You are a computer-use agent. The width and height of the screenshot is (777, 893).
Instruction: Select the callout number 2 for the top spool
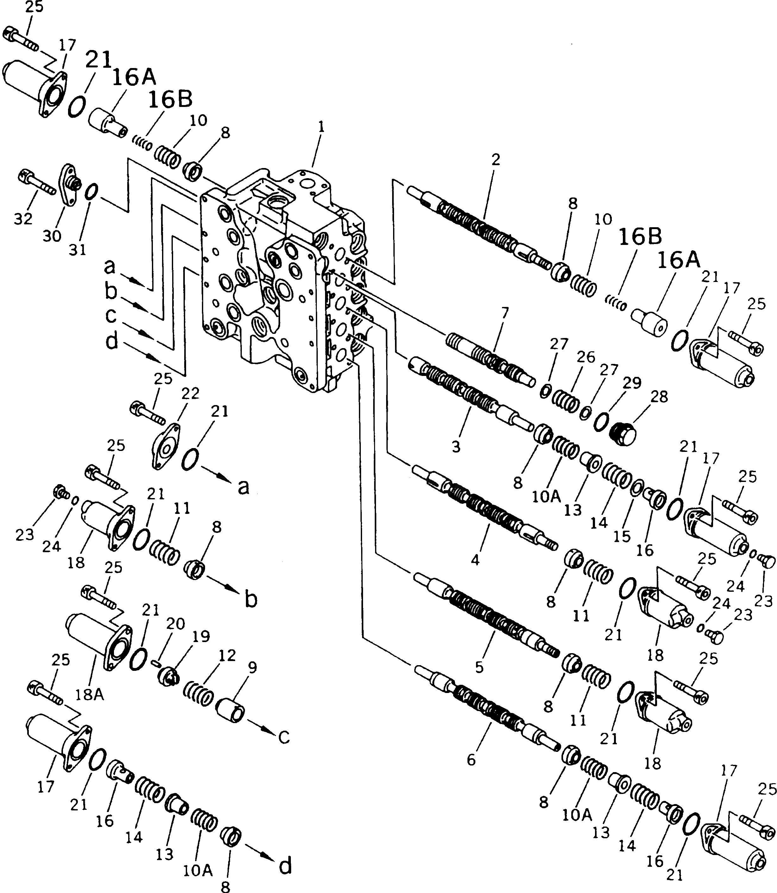tap(496, 160)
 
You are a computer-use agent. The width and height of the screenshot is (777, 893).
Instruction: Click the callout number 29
tap(632, 383)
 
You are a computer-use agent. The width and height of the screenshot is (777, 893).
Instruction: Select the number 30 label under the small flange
tap(52, 236)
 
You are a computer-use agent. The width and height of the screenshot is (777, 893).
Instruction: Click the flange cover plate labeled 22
tap(166, 447)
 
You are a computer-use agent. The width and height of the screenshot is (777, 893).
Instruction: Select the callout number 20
tap(176, 624)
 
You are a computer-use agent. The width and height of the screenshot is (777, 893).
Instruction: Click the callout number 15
tap(622, 537)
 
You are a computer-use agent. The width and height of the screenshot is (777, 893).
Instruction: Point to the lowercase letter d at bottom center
tap(285, 866)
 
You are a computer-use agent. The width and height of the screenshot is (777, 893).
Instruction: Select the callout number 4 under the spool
tap(475, 560)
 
